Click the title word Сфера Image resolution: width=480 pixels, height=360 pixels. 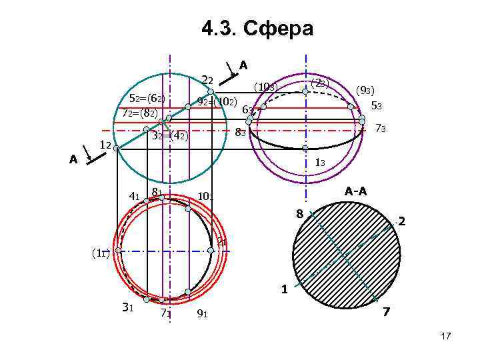tap(279, 29)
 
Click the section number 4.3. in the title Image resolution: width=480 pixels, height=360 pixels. tap(217, 29)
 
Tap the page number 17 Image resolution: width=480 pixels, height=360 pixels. tap(445, 337)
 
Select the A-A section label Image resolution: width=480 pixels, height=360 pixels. tap(355, 191)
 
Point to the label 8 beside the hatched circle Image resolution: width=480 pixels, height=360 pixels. tap(300, 213)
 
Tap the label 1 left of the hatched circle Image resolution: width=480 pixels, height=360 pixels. tap(284, 290)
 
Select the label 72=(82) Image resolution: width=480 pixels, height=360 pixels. tap(140, 113)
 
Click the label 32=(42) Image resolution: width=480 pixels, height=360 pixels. tap(170, 136)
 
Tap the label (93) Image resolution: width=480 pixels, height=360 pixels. tap(366, 90)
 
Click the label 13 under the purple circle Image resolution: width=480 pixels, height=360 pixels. tap(319, 162)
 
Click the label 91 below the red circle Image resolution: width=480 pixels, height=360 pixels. tap(203, 313)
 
